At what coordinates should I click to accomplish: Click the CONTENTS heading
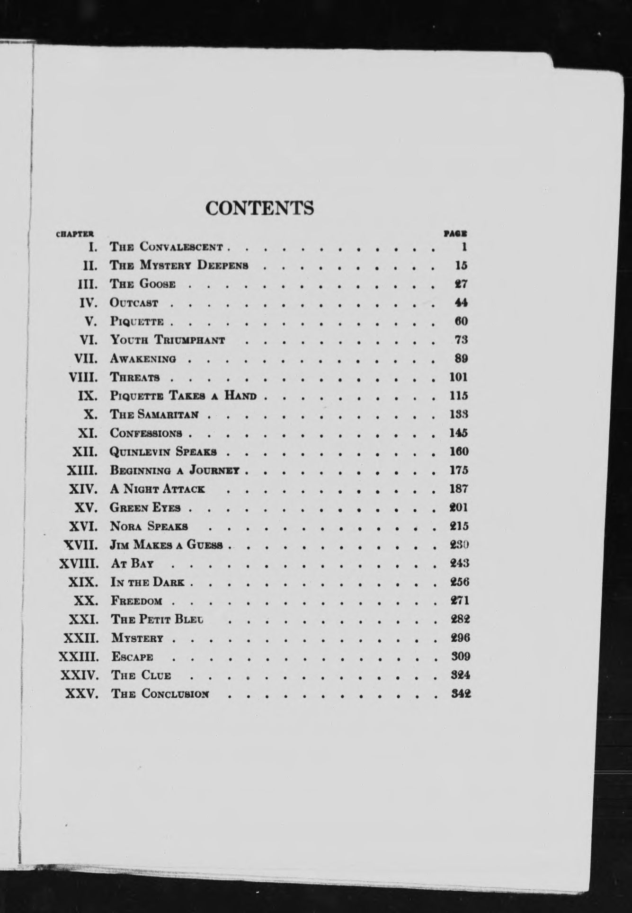pyautogui.click(x=260, y=208)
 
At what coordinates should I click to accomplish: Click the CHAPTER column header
pyautogui.click(x=75, y=233)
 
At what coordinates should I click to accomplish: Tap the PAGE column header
pyautogui.click(x=456, y=233)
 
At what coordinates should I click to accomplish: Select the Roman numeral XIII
pyautogui.click(x=83, y=470)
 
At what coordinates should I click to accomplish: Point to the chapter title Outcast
pyautogui.click(x=134, y=303)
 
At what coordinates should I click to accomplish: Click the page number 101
pyautogui.click(x=458, y=377)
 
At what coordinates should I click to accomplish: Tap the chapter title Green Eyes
pyautogui.click(x=145, y=508)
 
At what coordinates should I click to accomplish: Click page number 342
pyautogui.click(x=461, y=694)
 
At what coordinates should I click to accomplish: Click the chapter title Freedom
pyautogui.click(x=137, y=601)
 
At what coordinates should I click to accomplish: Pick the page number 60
pyautogui.click(x=461, y=321)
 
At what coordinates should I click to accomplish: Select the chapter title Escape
pyautogui.click(x=132, y=657)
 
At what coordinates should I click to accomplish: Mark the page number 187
pyautogui.click(x=459, y=489)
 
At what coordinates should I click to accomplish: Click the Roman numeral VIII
pyautogui.click(x=83, y=378)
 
